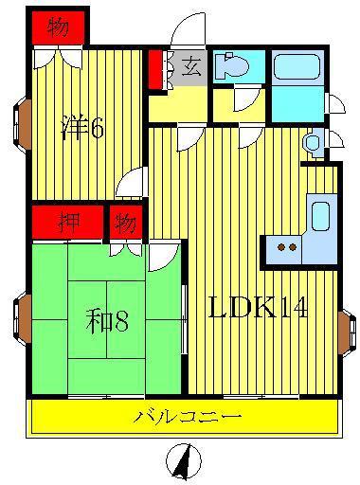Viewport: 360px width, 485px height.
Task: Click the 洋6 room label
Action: pos(82,127)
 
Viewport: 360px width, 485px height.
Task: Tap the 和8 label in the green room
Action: pos(107,321)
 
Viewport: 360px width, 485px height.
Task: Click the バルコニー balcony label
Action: pos(188,417)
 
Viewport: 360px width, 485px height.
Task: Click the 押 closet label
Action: pos(69,222)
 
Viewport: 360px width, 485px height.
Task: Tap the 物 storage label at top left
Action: pos(58,27)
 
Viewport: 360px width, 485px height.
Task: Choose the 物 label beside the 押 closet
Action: pos(126,224)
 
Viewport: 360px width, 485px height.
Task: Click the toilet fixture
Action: pos(231,66)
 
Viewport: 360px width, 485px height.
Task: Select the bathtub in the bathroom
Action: pos(297,66)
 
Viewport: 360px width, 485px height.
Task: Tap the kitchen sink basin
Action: pos(321,216)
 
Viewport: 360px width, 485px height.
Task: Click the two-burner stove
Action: pos(286,247)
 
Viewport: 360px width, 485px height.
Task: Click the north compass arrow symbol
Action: pos(184,460)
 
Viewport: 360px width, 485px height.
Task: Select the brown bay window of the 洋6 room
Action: pos(22,125)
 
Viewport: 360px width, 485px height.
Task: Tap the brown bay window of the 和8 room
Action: pos(22,319)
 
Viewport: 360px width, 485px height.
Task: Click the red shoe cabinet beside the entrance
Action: pos(155,69)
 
